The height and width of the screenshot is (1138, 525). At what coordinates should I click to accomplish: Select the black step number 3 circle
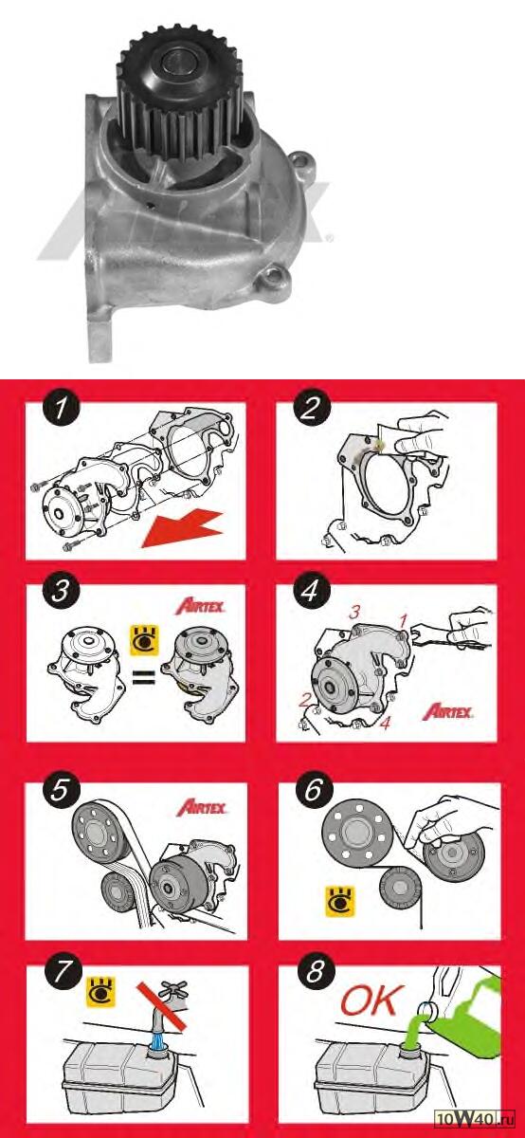point(62,591)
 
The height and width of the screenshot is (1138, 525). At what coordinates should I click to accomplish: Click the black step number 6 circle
point(314,790)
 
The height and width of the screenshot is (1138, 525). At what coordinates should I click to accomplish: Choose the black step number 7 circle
point(63,972)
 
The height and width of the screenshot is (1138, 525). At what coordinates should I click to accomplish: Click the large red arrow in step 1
point(182,529)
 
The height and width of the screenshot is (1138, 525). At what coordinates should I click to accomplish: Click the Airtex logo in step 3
point(200,607)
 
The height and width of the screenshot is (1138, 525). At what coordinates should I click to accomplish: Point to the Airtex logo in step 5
point(201,807)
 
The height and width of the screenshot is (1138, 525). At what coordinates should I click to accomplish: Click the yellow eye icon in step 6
point(340,902)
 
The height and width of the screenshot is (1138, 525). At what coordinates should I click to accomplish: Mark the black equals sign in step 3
point(144,677)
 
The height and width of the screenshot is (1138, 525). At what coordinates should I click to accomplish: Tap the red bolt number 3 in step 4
point(354,613)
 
